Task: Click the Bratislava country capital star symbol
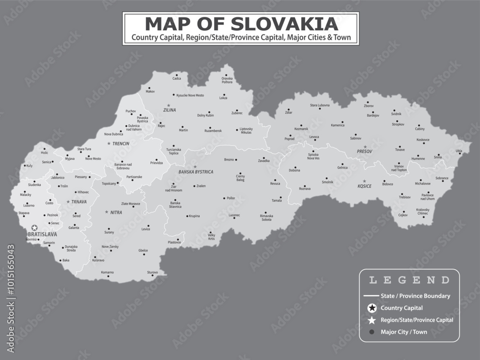point(34,228)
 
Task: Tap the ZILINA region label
point(169,110)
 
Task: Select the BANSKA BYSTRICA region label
point(196,171)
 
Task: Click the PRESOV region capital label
point(365,152)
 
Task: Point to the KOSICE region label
point(364,186)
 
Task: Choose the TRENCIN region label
point(121,144)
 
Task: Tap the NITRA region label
point(116,212)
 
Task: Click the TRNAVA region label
point(79,202)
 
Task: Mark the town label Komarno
point(108,272)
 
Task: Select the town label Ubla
point(459,151)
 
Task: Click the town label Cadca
point(177,78)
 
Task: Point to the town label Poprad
point(289,138)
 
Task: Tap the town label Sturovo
point(153,272)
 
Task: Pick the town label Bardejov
point(373,115)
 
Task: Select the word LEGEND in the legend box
point(409,280)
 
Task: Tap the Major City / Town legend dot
point(371,332)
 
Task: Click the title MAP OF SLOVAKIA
point(240,24)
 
